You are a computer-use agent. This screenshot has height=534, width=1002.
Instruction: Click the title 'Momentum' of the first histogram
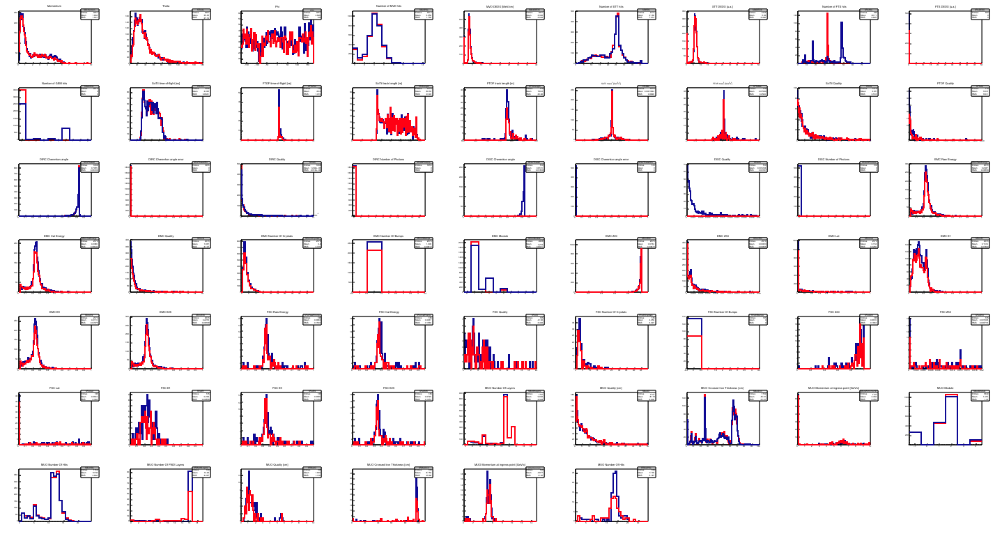[x=54, y=6]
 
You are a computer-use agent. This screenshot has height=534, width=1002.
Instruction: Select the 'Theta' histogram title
[x=165, y=6]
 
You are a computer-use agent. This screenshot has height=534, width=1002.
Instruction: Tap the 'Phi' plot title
[x=277, y=6]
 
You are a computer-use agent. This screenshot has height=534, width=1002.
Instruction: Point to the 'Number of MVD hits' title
[x=388, y=6]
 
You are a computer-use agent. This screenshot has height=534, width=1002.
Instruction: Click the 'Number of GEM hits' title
[x=54, y=83]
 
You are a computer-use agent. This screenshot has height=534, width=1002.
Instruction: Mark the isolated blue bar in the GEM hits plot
[x=65, y=133]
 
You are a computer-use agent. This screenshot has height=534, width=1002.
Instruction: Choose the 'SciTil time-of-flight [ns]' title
[x=165, y=83]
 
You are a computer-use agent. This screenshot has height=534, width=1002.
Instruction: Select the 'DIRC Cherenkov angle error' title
[x=165, y=159]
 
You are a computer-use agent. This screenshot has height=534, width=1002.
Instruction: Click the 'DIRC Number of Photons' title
[x=388, y=159]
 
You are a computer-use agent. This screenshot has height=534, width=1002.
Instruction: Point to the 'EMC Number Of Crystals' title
[x=277, y=236]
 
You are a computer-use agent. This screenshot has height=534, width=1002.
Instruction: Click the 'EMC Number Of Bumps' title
[x=388, y=236]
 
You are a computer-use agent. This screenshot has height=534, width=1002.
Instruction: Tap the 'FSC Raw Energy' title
[x=277, y=312]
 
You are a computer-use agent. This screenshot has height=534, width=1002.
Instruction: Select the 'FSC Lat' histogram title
[x=54, y=388]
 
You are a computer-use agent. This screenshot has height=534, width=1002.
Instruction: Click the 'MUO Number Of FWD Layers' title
[x=165, y=464]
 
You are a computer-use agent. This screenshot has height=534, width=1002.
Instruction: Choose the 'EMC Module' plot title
[x=500, y=236]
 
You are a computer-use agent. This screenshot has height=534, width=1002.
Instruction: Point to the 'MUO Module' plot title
[x=945, y=388]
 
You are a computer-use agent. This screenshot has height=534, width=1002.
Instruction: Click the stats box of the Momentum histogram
[x=89, y=14]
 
